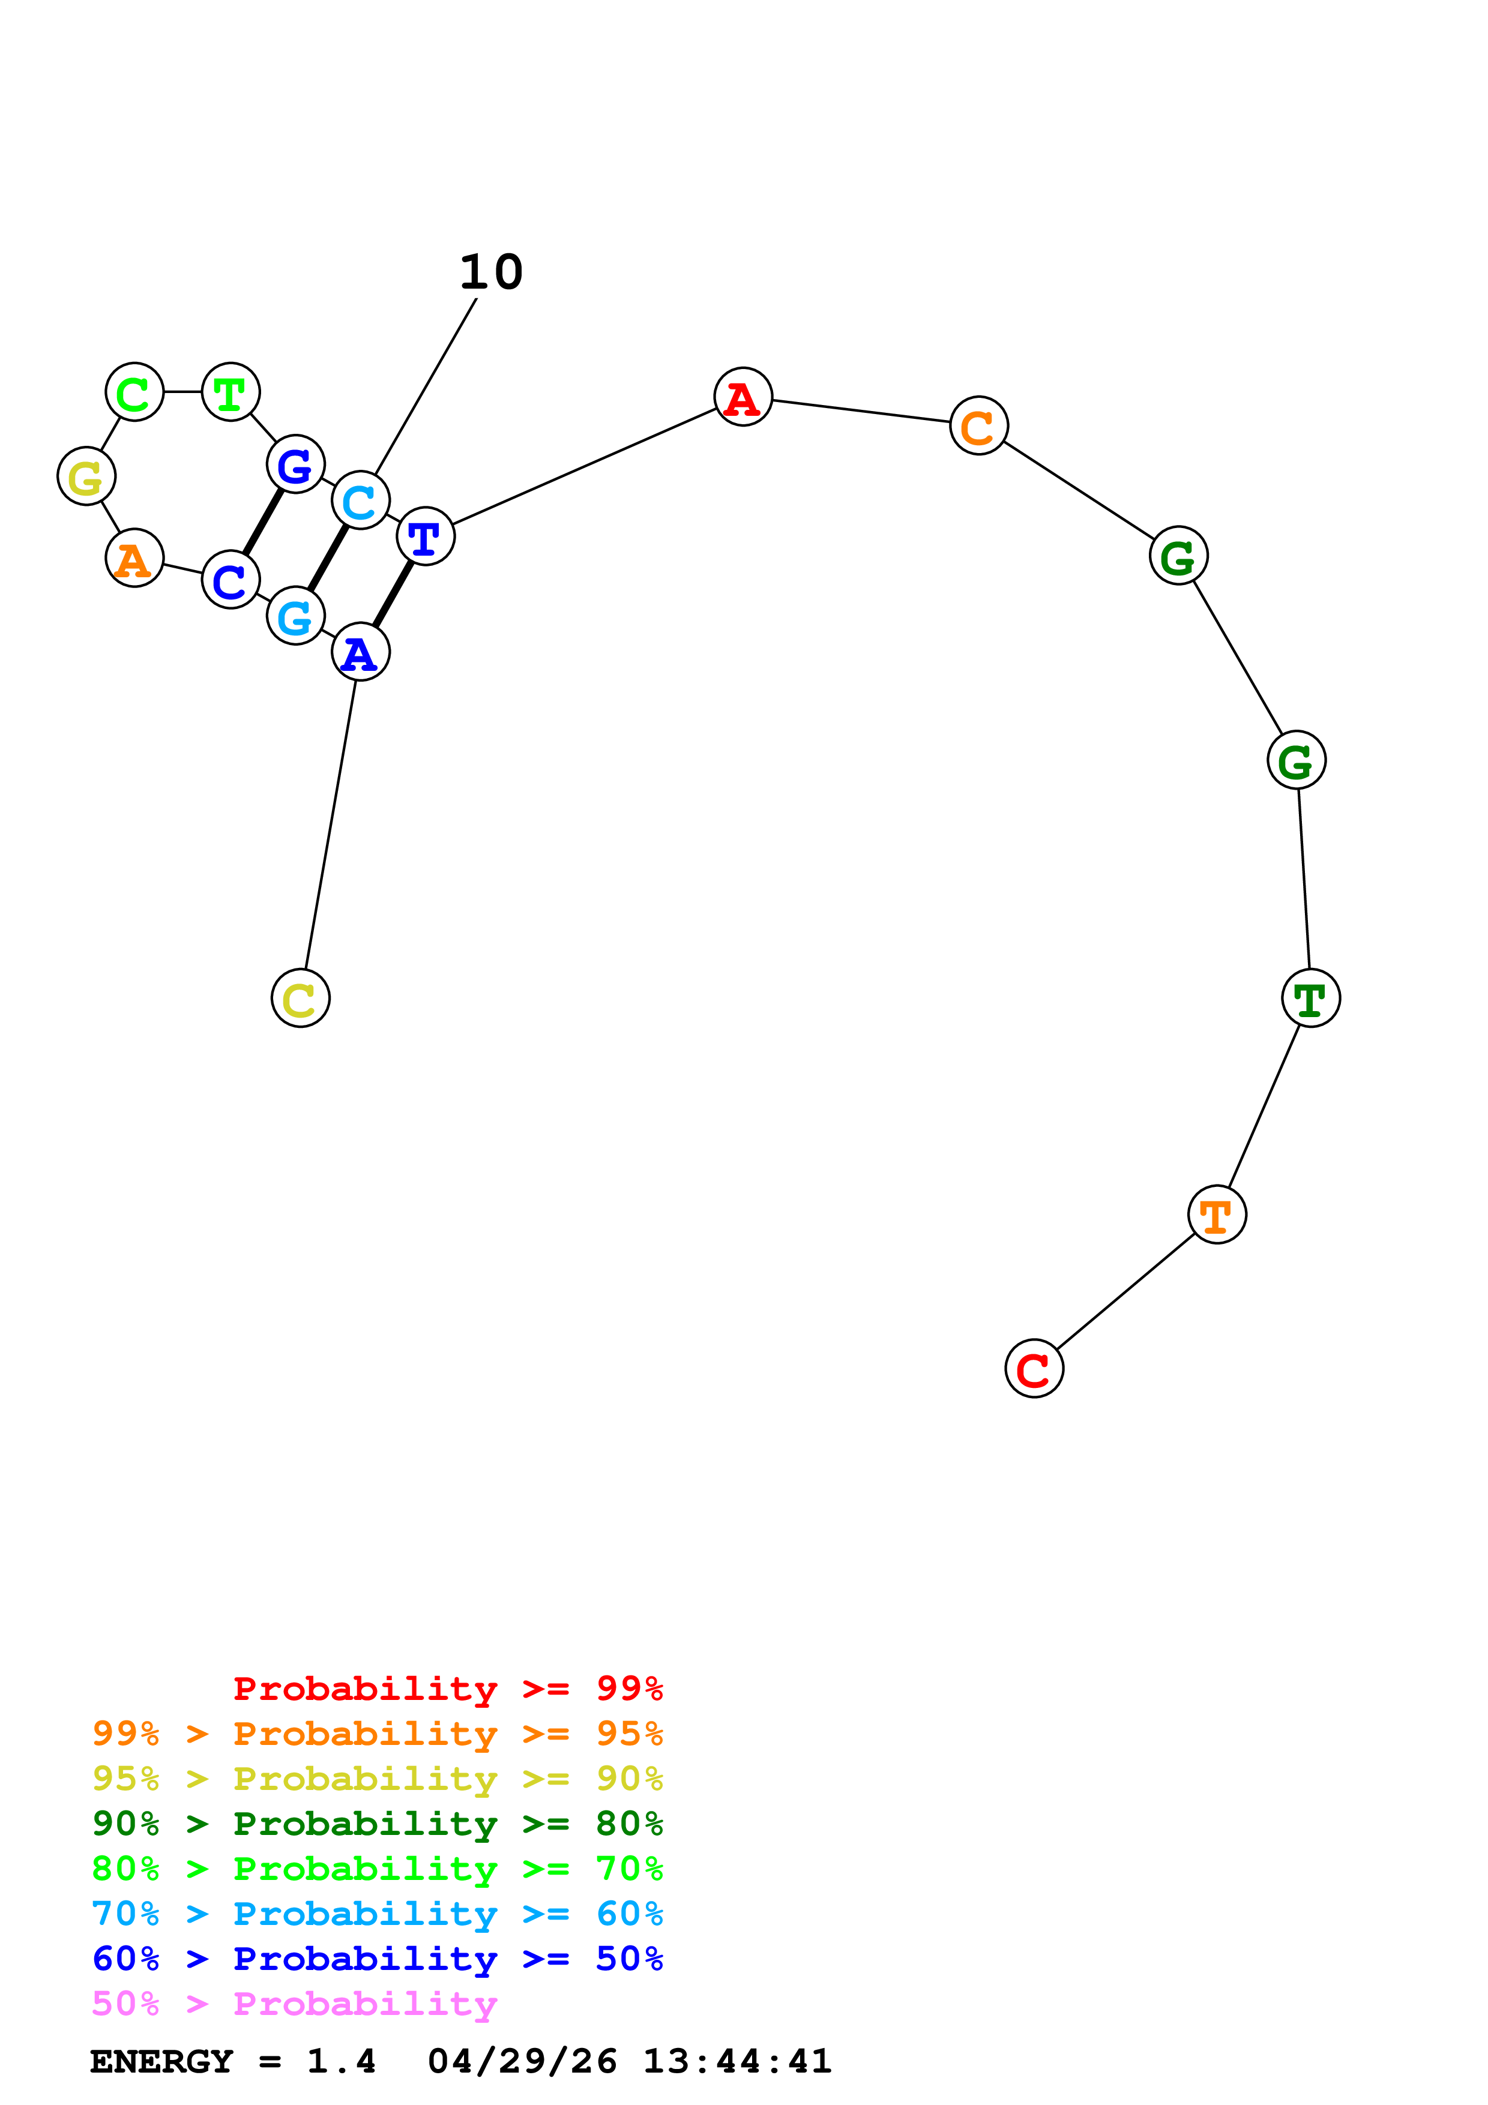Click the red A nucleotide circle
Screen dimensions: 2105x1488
click(742, 397)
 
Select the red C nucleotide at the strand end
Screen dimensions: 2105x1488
click(1034, 1369)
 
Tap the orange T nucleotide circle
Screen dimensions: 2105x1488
click(1217, 1215)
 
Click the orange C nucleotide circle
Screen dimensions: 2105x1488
click(979, 425)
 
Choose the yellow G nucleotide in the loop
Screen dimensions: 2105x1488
click(86, 476)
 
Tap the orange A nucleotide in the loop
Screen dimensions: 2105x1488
click(135, 558)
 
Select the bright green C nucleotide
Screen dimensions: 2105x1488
click(135, 392)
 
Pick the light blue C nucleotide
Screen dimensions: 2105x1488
click(360, 500)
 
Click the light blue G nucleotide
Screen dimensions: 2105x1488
click(295, 616)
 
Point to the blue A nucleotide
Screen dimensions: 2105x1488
click(360, 653)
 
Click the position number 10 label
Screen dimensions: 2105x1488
click(492, 272)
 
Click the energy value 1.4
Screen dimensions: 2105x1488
click(341, 2062)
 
